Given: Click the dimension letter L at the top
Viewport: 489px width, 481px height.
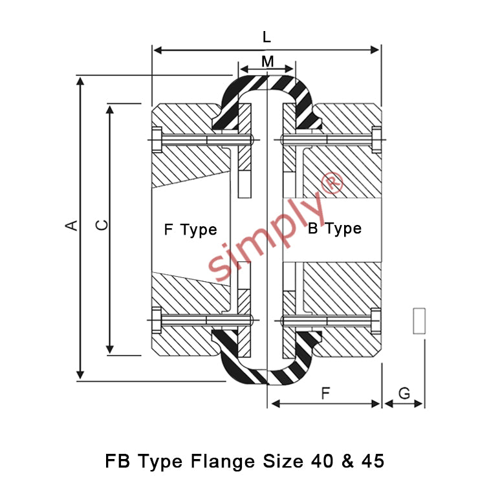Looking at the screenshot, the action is [x=266, y=37].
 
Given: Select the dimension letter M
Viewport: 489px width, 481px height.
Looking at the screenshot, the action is [x=268, y=61].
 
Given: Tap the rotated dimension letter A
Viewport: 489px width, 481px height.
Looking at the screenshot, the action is [x=71, y=225].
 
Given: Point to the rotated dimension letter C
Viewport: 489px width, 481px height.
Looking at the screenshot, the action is [x=102, y=225].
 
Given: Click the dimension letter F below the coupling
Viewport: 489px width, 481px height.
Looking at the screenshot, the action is [x=325, y=393].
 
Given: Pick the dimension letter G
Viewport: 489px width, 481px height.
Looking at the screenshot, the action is [x=404, y=394].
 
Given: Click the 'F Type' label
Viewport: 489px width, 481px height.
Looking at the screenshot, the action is [x=190, y=230].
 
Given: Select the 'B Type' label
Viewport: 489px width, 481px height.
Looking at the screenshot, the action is [x=334, y=229].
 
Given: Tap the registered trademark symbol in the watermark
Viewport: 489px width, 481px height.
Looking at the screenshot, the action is [x=332, y=183].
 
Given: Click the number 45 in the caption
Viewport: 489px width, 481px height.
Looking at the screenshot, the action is [x=373, y=461].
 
